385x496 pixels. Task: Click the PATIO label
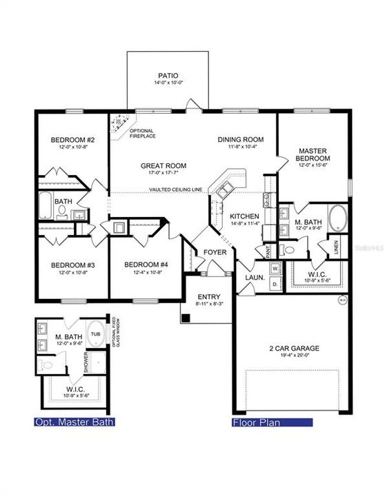[x=167, y=76]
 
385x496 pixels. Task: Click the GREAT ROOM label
[x=164, y=166]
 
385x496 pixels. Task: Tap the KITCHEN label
[x=245, y=216]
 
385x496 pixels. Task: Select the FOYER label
[x=215, y=253]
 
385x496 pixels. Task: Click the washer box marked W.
[x=274, y=267]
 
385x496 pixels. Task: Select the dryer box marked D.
[x=274, y=284]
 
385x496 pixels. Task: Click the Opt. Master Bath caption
[x=75, y=422]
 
